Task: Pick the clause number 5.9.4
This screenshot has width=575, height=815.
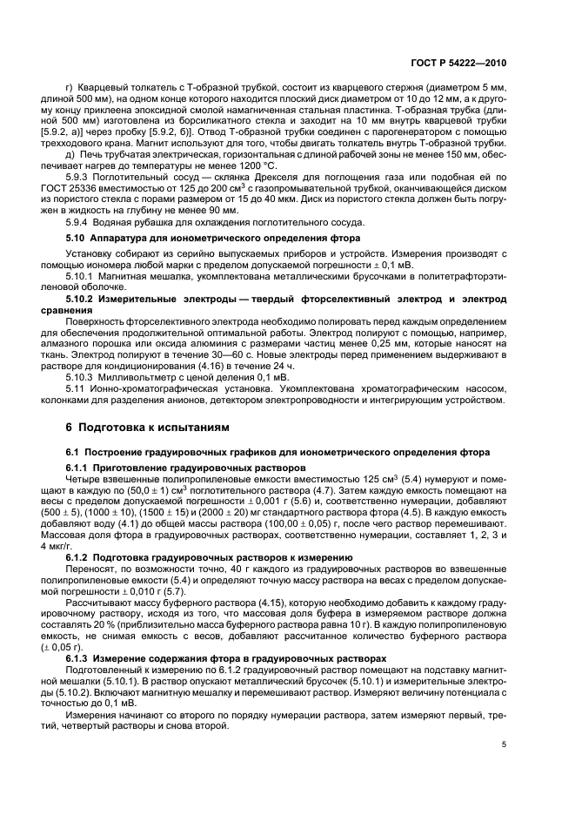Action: (79, 221)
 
